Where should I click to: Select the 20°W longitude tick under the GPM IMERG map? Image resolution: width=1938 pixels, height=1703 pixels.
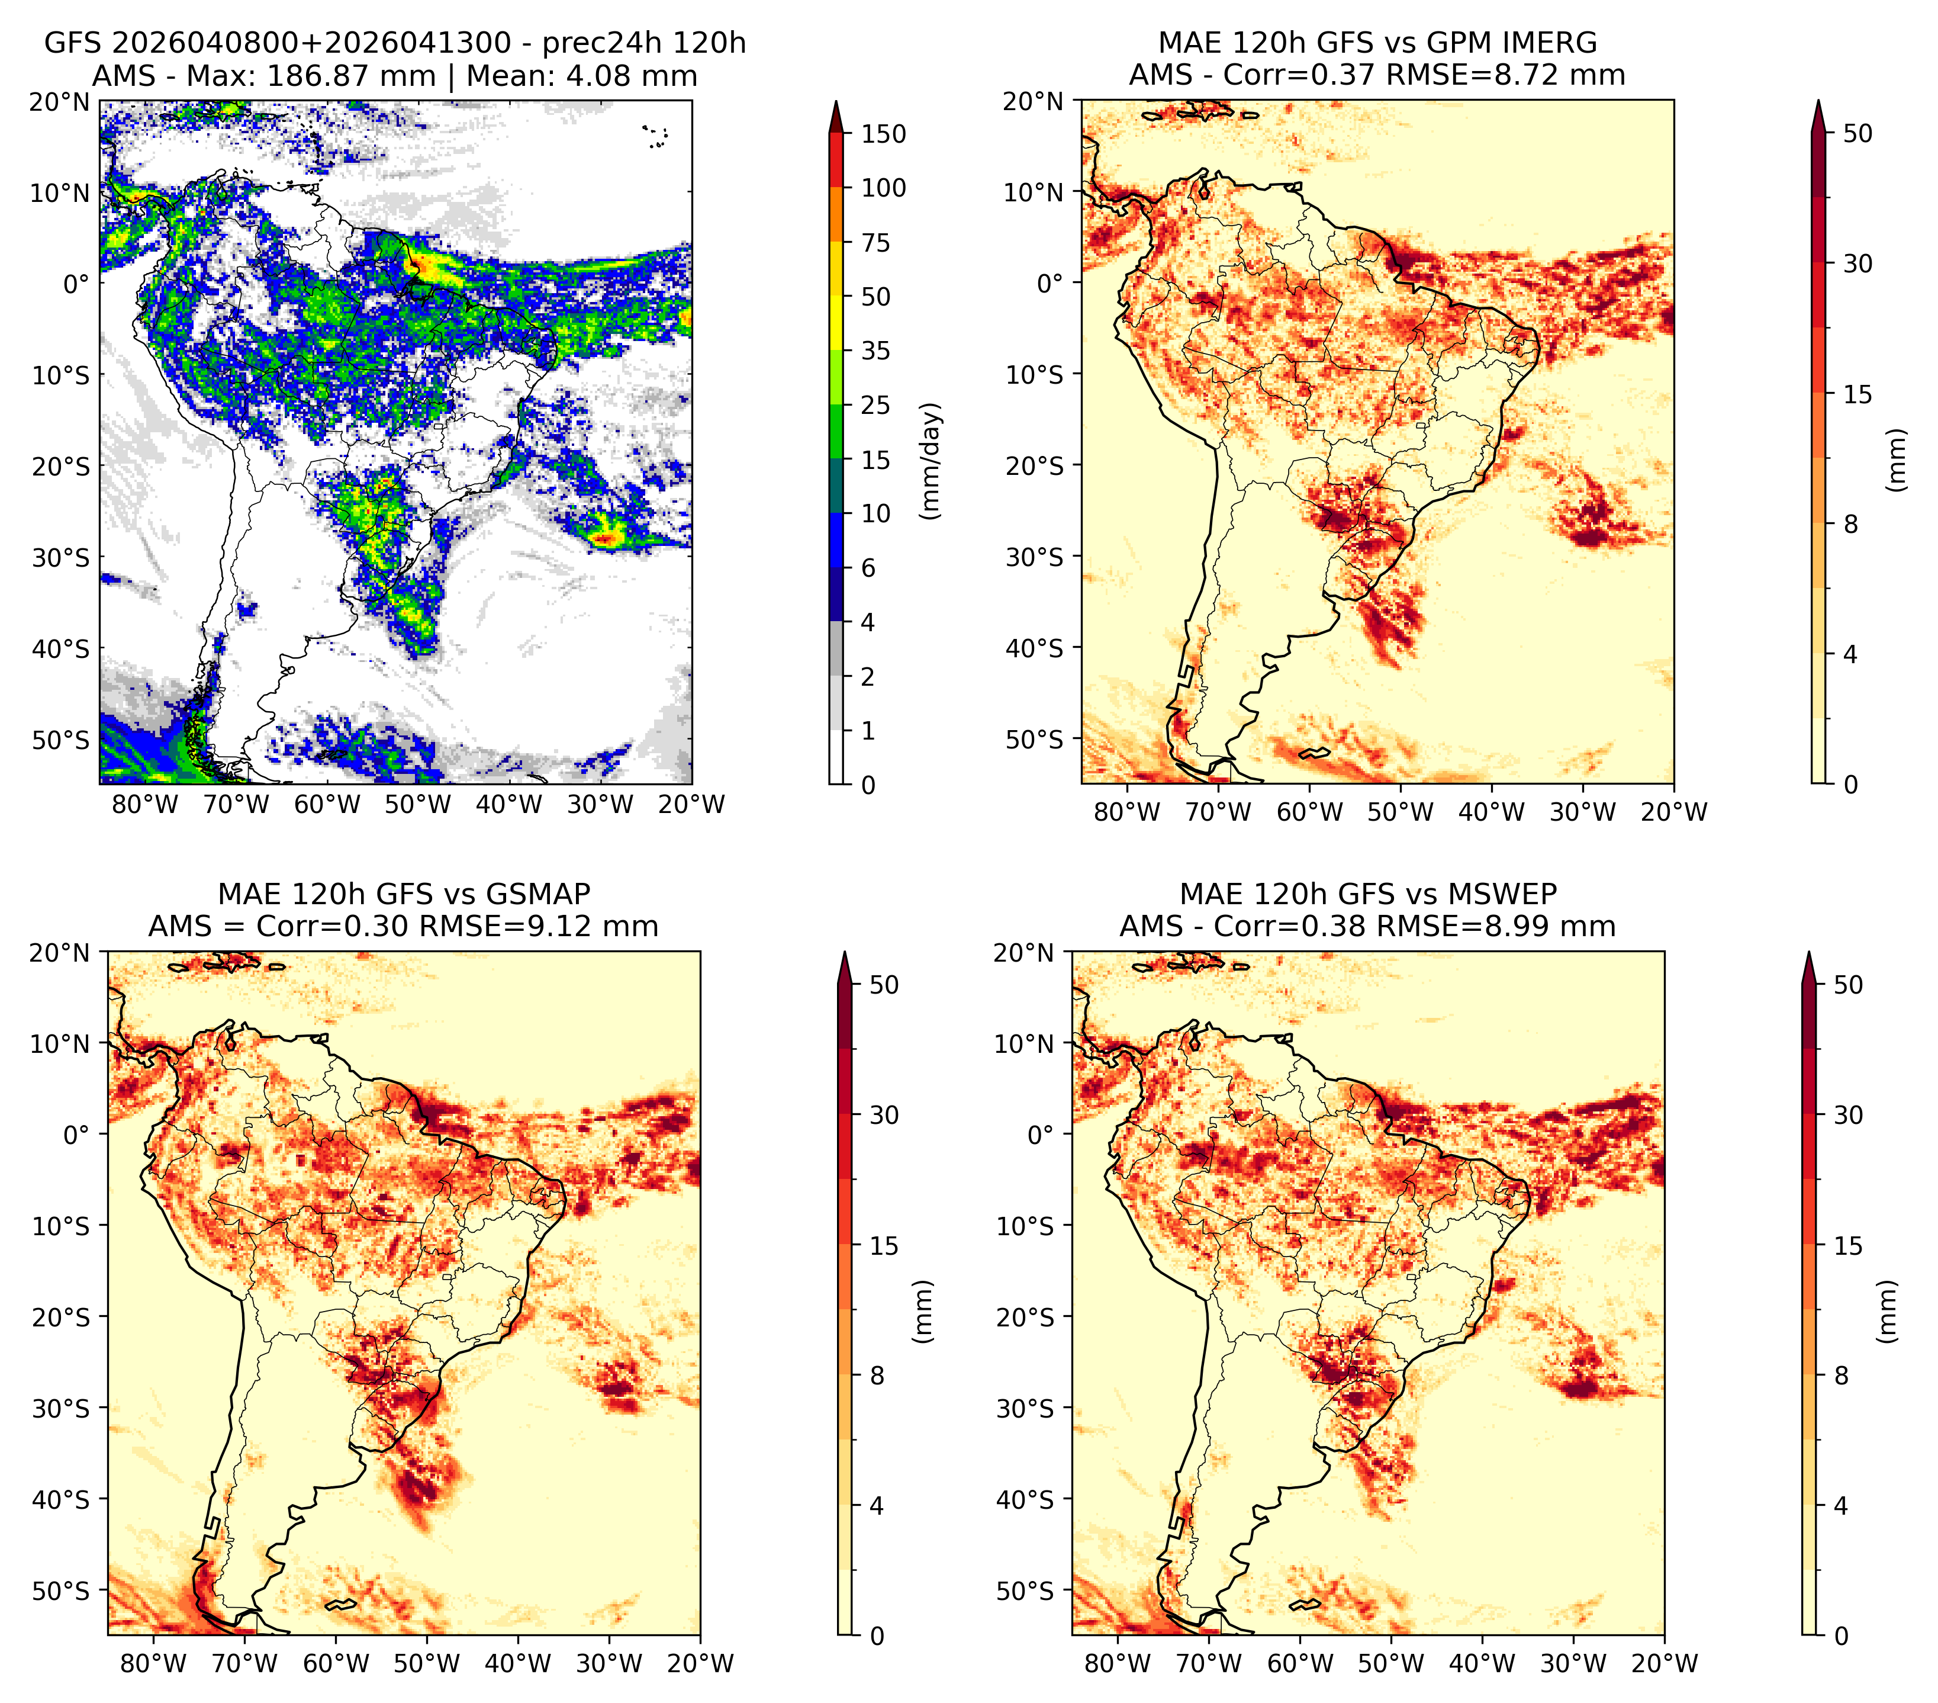1673,812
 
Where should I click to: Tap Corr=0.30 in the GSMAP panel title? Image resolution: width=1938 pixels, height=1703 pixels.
333,927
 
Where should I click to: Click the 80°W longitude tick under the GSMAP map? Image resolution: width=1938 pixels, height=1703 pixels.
153,1663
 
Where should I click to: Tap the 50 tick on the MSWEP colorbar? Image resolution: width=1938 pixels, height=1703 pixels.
1849,985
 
